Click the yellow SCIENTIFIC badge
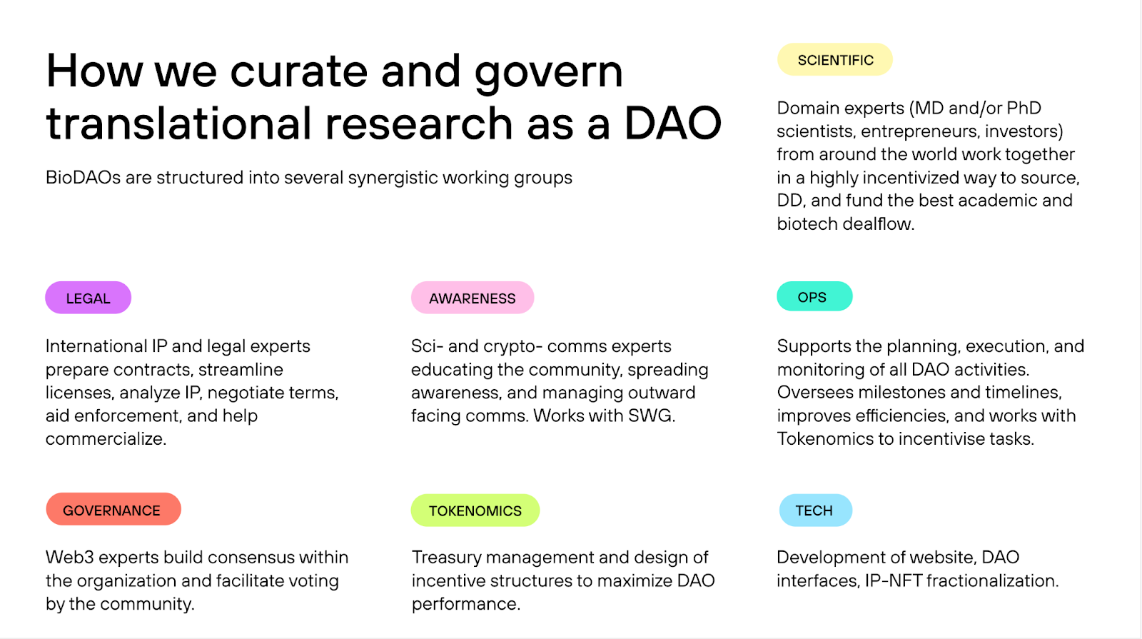pyautogui.click(x=834, y=60)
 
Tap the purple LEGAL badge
pyautogui.click(x=89, y=298)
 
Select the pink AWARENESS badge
pyautogui.click(x=473, y=298)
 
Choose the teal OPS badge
pyautogui.click(x=814, y=296)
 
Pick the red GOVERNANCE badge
pyautogui.click(x=113, y=510)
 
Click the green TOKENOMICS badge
pyautogui.click(x=475, y=510)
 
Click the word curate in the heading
pyautogui.click(x=299, y=71)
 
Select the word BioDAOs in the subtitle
pyautogui.click(x=83, y=178)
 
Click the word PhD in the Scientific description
pyautogui.click(x=1024, y=108)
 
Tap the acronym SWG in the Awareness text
pyautogui.click(x=652, y=416)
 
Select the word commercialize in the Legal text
pyautogui.click(x=106, y=438)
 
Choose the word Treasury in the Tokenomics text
pyautogui.click(x=447, y=558)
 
